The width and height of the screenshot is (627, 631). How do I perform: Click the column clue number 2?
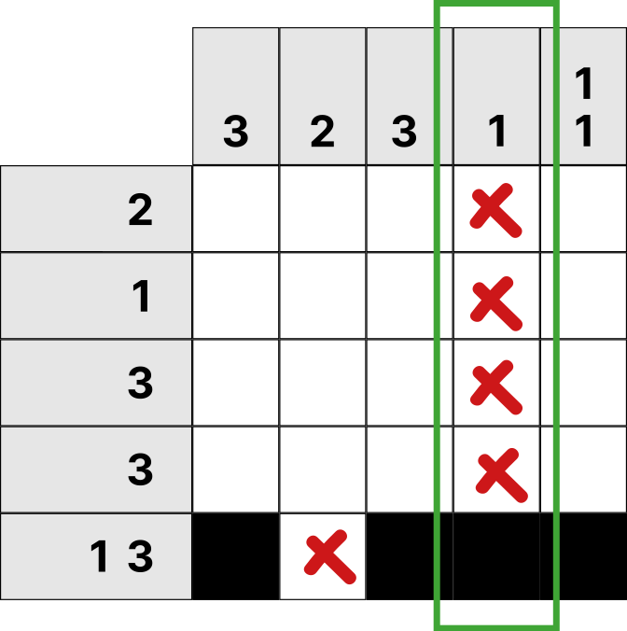tap(322, 132)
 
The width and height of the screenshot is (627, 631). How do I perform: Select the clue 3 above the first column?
tap(235, 132)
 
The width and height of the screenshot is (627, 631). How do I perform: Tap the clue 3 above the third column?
tap(404, 132)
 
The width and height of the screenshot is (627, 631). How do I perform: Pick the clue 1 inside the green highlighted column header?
tap(498, 132)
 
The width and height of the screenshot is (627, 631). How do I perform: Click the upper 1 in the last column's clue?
tap(584, 83)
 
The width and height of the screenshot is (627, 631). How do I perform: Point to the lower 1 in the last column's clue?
tap(584, 132)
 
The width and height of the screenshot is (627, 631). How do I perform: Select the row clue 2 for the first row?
tap(140, 209)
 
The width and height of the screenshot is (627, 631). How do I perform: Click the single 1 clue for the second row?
tap(141, 296)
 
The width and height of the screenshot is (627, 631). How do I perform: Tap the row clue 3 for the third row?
tap(140, 383)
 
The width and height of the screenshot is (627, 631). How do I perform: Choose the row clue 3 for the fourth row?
tap(140, 470)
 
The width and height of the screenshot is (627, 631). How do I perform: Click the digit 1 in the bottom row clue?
tap(99, 555)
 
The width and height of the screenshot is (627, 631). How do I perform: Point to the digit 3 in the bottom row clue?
tap(140, 555)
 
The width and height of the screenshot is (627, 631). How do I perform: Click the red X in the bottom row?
tap(329, 556)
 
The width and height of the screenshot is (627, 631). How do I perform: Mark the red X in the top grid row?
tap(495, 210)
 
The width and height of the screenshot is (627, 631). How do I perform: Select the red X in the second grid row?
tap(496, 303)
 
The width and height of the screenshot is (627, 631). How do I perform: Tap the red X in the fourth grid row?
tap(502, 475)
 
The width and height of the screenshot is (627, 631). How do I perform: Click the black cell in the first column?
tap(236, 556)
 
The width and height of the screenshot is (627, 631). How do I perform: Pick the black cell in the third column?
tap(410, 556)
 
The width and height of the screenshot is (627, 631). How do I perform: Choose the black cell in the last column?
tap(583, 556)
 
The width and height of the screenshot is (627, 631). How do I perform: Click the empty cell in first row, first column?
tap(236, 209)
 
